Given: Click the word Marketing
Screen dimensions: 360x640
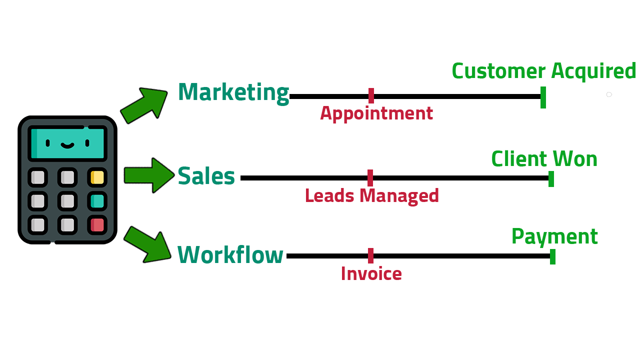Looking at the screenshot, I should (x=233, y=92).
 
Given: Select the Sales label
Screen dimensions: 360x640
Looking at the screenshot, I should (x=206, y=176).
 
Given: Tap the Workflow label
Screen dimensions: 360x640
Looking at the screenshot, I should (x=230, y=254).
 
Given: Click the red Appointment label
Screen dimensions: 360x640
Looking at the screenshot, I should (x=376, y=113).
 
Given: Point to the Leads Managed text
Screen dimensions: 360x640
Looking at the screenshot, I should (x=372, y=195).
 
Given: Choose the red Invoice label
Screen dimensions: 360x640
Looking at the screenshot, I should (x=371, y=273).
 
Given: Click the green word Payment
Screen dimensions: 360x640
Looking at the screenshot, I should (x=554, y=236).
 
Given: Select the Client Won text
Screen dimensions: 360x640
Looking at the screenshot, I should (x=544, y=159).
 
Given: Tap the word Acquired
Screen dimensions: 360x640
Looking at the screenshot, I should (x=593, y=71).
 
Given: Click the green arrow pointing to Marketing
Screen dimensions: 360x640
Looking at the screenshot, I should (x=144, y=105).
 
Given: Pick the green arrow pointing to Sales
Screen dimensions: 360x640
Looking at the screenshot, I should (x=148, y=175).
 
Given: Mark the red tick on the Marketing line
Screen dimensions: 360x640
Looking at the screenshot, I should (x=371, y=95).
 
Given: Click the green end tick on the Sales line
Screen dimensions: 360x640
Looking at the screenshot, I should (x=551, y=178).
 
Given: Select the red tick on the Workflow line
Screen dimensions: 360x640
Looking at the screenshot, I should (x=370, y=255).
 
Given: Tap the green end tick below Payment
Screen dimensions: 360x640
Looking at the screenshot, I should (x=552, y=256).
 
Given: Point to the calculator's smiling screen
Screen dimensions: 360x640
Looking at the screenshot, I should (x=67, y=143).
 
